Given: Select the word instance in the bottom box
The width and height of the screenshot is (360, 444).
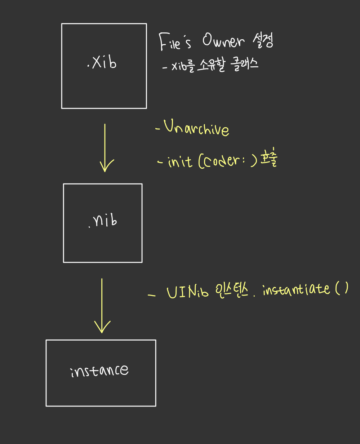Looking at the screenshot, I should coord(99,370).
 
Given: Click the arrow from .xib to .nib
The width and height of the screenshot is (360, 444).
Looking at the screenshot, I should coord(105,148).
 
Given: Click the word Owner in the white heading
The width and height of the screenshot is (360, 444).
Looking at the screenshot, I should coord(223,41).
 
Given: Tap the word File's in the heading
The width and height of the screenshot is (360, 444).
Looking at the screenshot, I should coord(175,43).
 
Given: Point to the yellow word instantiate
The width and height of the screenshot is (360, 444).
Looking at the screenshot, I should coord(296,289).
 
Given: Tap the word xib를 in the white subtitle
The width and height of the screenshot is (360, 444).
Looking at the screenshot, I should coord(184,66).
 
